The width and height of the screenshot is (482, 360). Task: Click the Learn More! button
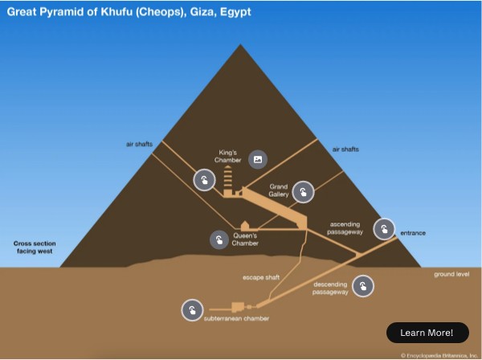point(427,333)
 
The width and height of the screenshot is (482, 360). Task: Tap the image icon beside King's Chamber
point(257,159)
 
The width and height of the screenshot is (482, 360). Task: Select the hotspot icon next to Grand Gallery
point(303,191)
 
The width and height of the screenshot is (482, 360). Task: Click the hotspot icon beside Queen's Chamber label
point(219,239)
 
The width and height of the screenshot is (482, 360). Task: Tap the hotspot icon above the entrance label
point(385,228)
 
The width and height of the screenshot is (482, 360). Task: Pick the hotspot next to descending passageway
point(363,286)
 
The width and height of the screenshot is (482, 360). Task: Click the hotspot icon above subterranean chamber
point(191,310)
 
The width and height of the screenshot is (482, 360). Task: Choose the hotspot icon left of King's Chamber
point(205,180)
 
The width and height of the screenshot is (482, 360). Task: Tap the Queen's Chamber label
point(245,239)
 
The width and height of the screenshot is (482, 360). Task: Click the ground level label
point(451,273)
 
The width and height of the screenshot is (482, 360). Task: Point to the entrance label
point(413,233)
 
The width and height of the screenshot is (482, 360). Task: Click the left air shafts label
point(139,144)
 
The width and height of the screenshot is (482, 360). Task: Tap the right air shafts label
point(345,149)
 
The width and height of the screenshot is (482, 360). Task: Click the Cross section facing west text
point(32,246)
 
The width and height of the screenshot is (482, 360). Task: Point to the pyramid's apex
point(240,43)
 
